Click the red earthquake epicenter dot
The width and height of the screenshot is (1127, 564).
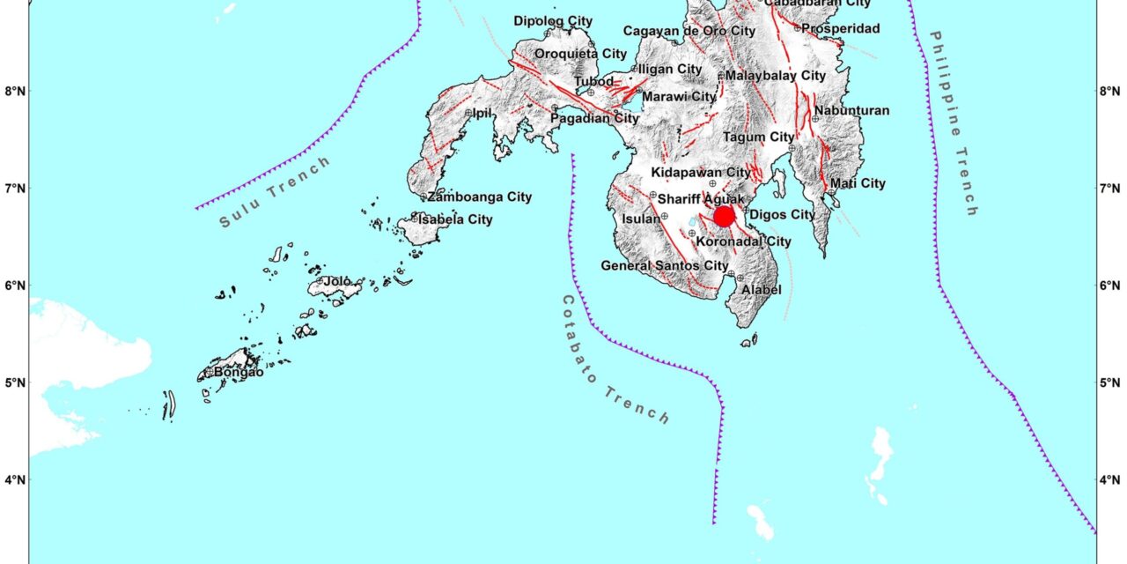(724, 216)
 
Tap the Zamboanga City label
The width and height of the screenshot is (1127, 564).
(479, 197)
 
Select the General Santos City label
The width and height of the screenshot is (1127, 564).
(664, 265)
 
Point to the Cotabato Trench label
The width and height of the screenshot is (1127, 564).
(615, 360)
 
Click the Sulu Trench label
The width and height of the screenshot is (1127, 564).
(276, 191)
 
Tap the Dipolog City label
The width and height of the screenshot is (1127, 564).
(553, 20)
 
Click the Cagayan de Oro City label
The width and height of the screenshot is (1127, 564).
(689, 31)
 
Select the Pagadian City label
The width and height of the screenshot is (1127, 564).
(595, 118)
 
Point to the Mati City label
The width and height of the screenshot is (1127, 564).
(858, 183)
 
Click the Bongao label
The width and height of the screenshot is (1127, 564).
(238, 372)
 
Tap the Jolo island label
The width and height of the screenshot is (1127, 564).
(337, 281)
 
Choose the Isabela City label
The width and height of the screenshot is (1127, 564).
(455, 219)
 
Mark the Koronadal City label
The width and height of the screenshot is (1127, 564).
(743, 241)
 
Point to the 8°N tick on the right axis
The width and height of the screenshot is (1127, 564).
(1111, 91)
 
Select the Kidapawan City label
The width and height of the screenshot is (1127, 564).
(701, 172)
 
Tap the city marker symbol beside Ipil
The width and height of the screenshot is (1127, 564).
(468, 113)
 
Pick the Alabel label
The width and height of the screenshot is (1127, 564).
(761, 289)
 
